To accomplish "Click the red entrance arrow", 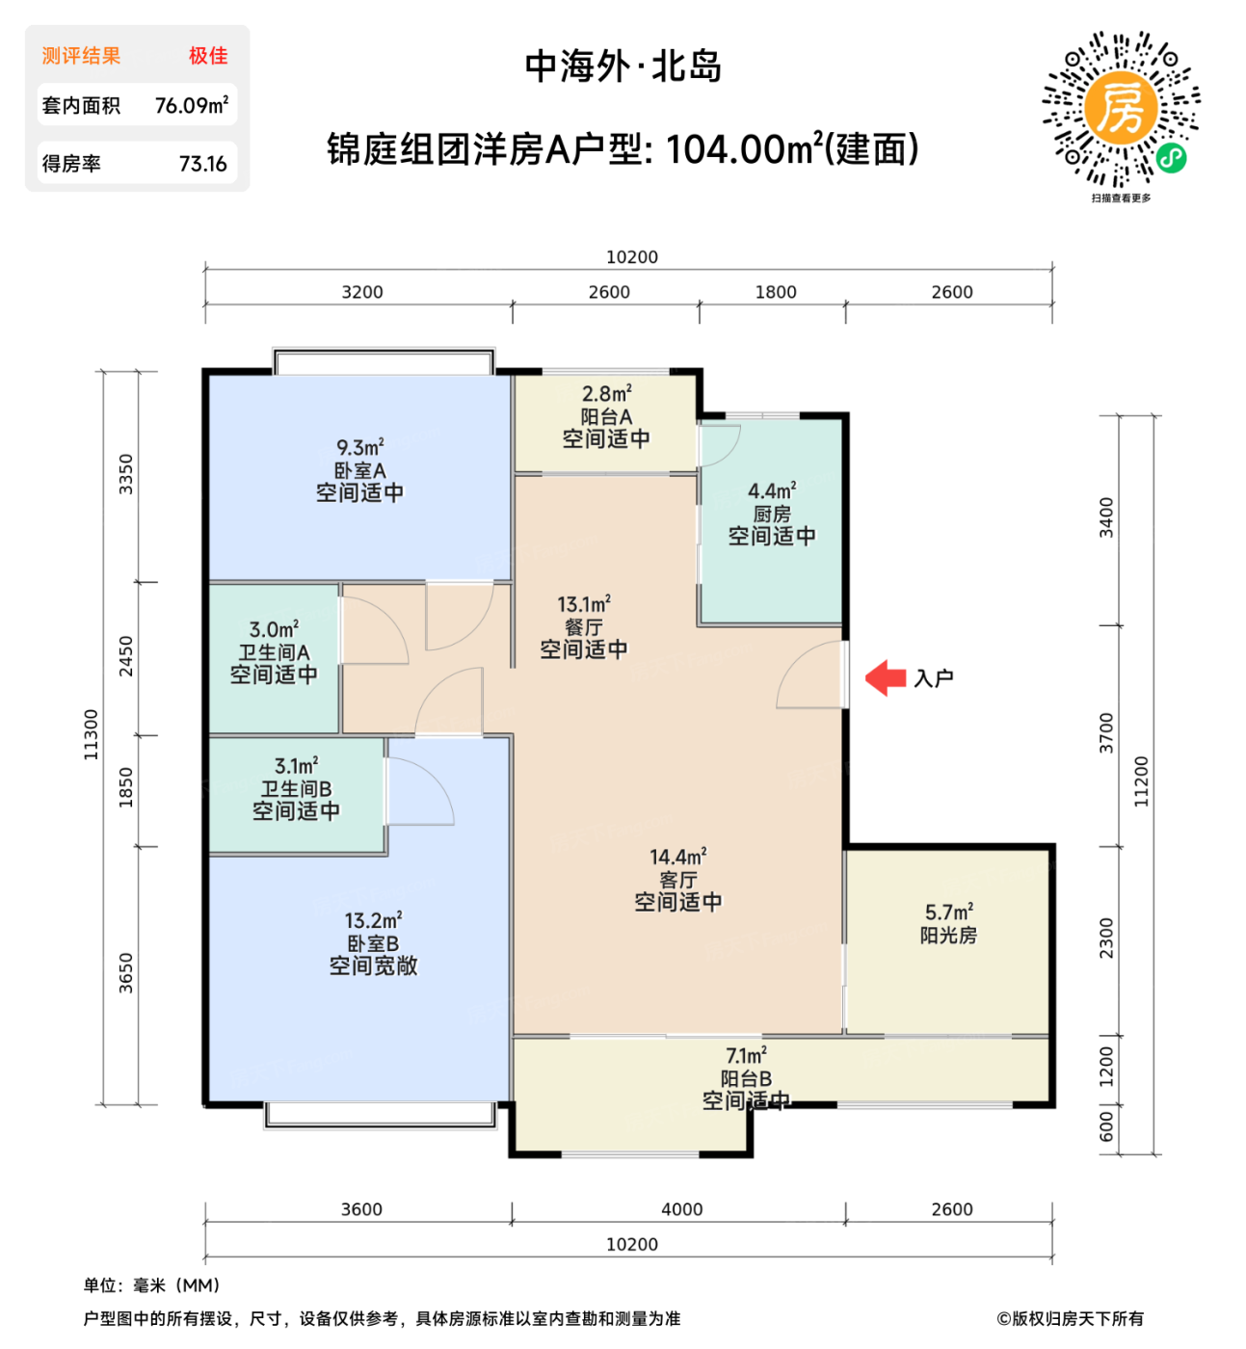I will click(x=885, y=677).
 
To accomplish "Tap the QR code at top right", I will click(x=1121, y=108).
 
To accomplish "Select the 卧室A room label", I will click(x=359, y=470).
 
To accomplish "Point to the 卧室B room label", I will click(x=373, y=943).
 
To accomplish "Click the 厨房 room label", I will click(x=772, y=514).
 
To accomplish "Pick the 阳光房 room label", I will click(x=948, y=935).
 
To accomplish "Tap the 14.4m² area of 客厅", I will click(x=677, y=857).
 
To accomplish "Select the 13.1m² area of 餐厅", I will click(x=583, y=604).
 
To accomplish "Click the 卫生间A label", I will click(x=274, y=652).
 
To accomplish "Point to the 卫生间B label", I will click(x=296, y=788).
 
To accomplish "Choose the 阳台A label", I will click(x=606, y=416).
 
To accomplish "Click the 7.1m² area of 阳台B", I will click(x=746, y=1056).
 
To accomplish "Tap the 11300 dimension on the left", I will click(x=92, y=734).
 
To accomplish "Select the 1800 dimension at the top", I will click(x=776, y=292).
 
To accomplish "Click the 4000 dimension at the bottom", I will click(x=681, y=1209).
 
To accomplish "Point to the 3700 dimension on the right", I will click(x=1106, y=733).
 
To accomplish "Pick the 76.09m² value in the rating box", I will click(x=192, y=105).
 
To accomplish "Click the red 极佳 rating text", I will click(x=208, y=56).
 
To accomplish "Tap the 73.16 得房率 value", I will click(x=202, y=164).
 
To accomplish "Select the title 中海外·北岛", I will click(x=623, y=66).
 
